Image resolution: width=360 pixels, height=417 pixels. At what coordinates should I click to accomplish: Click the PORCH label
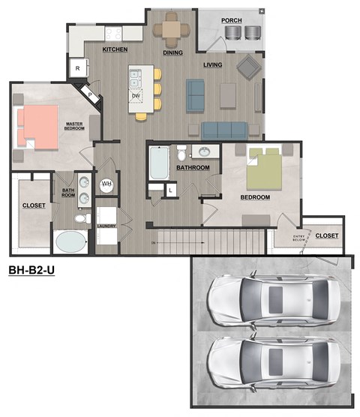pyautogui.click(x=231, y=20)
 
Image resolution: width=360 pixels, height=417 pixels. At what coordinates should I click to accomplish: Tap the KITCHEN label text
pyautogui.click(x=115, y=49)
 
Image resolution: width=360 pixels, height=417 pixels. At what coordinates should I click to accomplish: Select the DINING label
pyautogui.click(x=173, y=52)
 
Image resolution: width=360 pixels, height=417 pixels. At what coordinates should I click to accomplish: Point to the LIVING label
pyautogui.click(x=213, y=64)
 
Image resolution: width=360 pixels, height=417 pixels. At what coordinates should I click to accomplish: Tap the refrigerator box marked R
pyautogui.click(x=79, y=68)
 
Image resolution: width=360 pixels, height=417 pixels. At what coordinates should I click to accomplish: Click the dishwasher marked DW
pyautogui.click(x=136, y=95)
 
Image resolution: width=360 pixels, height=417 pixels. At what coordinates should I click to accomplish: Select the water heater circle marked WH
pyautogui.click(x=106, y=184)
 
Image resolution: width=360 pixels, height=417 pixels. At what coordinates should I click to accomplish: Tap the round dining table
pyautogui.click(x=172, y=30)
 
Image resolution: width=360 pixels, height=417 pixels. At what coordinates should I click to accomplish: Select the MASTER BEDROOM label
pyautogui.click(x=75, y=127)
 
